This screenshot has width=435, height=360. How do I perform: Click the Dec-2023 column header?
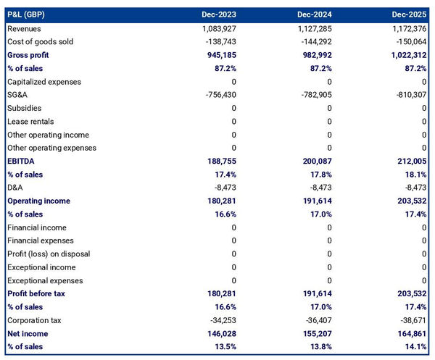218,14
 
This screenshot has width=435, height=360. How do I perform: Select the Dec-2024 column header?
314,14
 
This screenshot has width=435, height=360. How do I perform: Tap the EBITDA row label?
21,161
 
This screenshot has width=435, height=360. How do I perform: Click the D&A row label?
15,188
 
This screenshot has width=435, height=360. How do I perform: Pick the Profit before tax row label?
36,293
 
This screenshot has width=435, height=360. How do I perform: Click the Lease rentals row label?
30,121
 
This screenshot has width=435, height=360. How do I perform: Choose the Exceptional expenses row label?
45,280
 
